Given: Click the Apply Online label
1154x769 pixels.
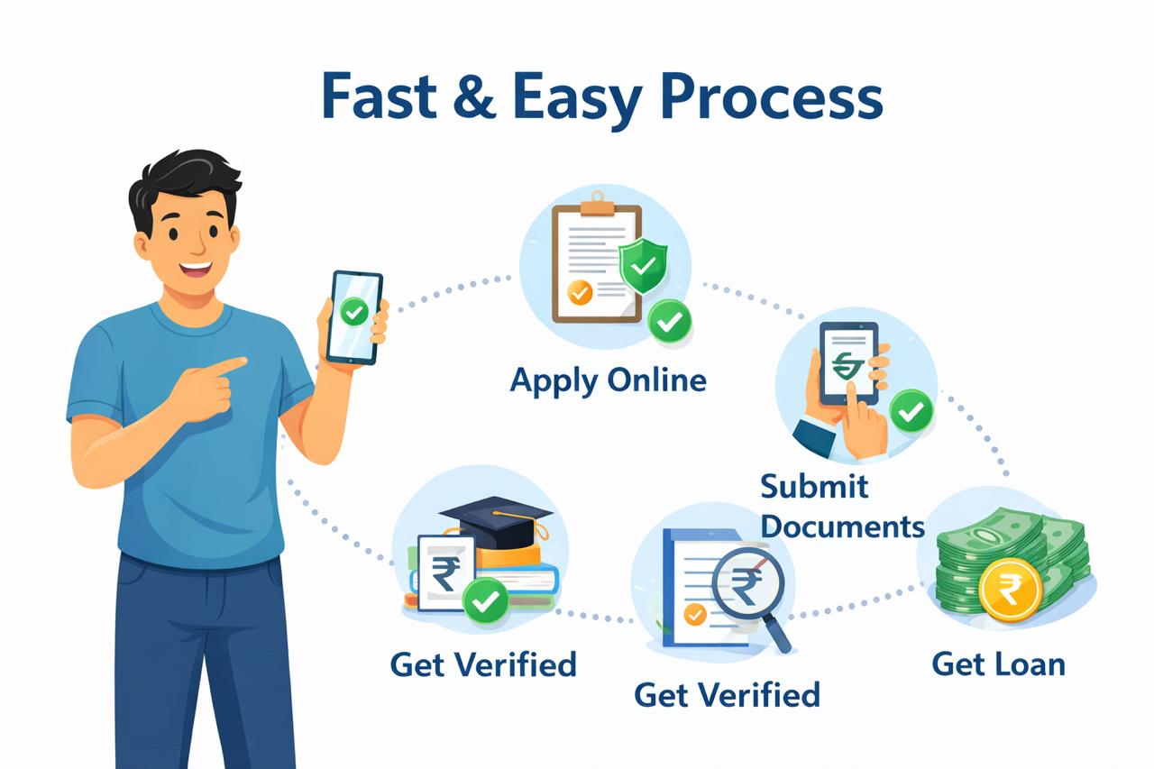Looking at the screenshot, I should (608, 380).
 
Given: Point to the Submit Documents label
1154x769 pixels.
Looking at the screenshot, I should (841, 506).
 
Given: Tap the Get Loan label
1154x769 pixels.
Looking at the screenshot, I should (998, 664).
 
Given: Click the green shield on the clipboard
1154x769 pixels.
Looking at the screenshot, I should (643, 264).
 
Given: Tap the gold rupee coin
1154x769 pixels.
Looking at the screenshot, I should (1010, 589).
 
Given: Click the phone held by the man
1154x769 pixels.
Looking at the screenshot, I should (353, 316).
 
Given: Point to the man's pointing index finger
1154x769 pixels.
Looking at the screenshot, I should (232, 365).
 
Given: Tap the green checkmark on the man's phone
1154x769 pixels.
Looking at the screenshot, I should (353, 312).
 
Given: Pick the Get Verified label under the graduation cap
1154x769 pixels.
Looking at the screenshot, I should (483, 665).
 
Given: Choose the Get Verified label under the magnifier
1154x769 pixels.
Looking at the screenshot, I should (727, 695).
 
